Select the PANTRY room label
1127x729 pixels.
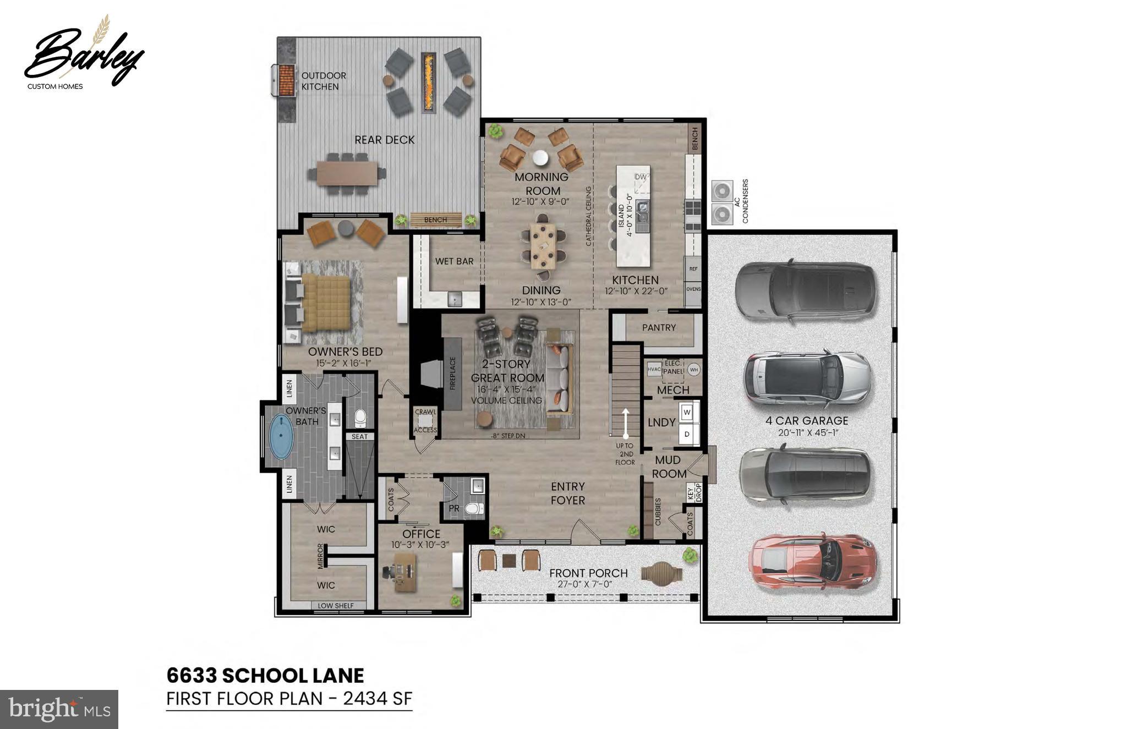pos(659,327)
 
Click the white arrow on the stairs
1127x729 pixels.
pos(625,423)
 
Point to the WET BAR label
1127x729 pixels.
pos(454,261)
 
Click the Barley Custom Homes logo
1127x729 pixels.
pos(83,55)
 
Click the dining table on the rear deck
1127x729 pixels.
pos(347,174)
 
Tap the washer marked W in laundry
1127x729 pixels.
pos(687,412)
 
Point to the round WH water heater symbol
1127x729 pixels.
pos(694,370)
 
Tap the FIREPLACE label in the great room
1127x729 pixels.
pos(453,374)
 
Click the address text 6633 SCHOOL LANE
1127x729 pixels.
pos(265,675)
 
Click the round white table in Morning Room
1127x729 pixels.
pos(540,158)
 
